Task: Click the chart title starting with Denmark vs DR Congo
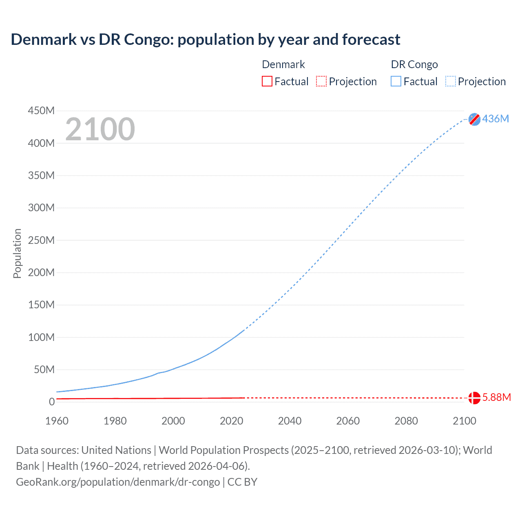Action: tap(206, 40)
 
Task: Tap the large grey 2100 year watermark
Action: tap(100, 129)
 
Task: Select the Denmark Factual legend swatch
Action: tap(267, 82)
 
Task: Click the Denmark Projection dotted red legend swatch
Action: tap(321, 82)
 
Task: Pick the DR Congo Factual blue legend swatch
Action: tap(396, 82)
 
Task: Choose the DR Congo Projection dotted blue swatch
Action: tap(451, 82)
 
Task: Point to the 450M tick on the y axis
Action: tap(41, 111)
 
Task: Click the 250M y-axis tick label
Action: tap(41, 240)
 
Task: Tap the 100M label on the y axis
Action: tap(41, 337)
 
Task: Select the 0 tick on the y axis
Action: tap(51, 402)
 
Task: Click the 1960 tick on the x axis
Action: tap(57, 421)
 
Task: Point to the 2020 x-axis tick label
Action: tap(231, 421)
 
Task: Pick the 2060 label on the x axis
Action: tap(348, 421)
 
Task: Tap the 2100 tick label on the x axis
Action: tap(464, 421)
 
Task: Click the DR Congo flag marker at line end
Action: tap(474, 119)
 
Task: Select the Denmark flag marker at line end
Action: tap(474, 398)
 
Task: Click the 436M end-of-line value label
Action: tap(495, 119)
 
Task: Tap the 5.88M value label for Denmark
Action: tap(496, 398)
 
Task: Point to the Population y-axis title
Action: tap(17, 253)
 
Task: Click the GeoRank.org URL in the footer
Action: tap(118, 482)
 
